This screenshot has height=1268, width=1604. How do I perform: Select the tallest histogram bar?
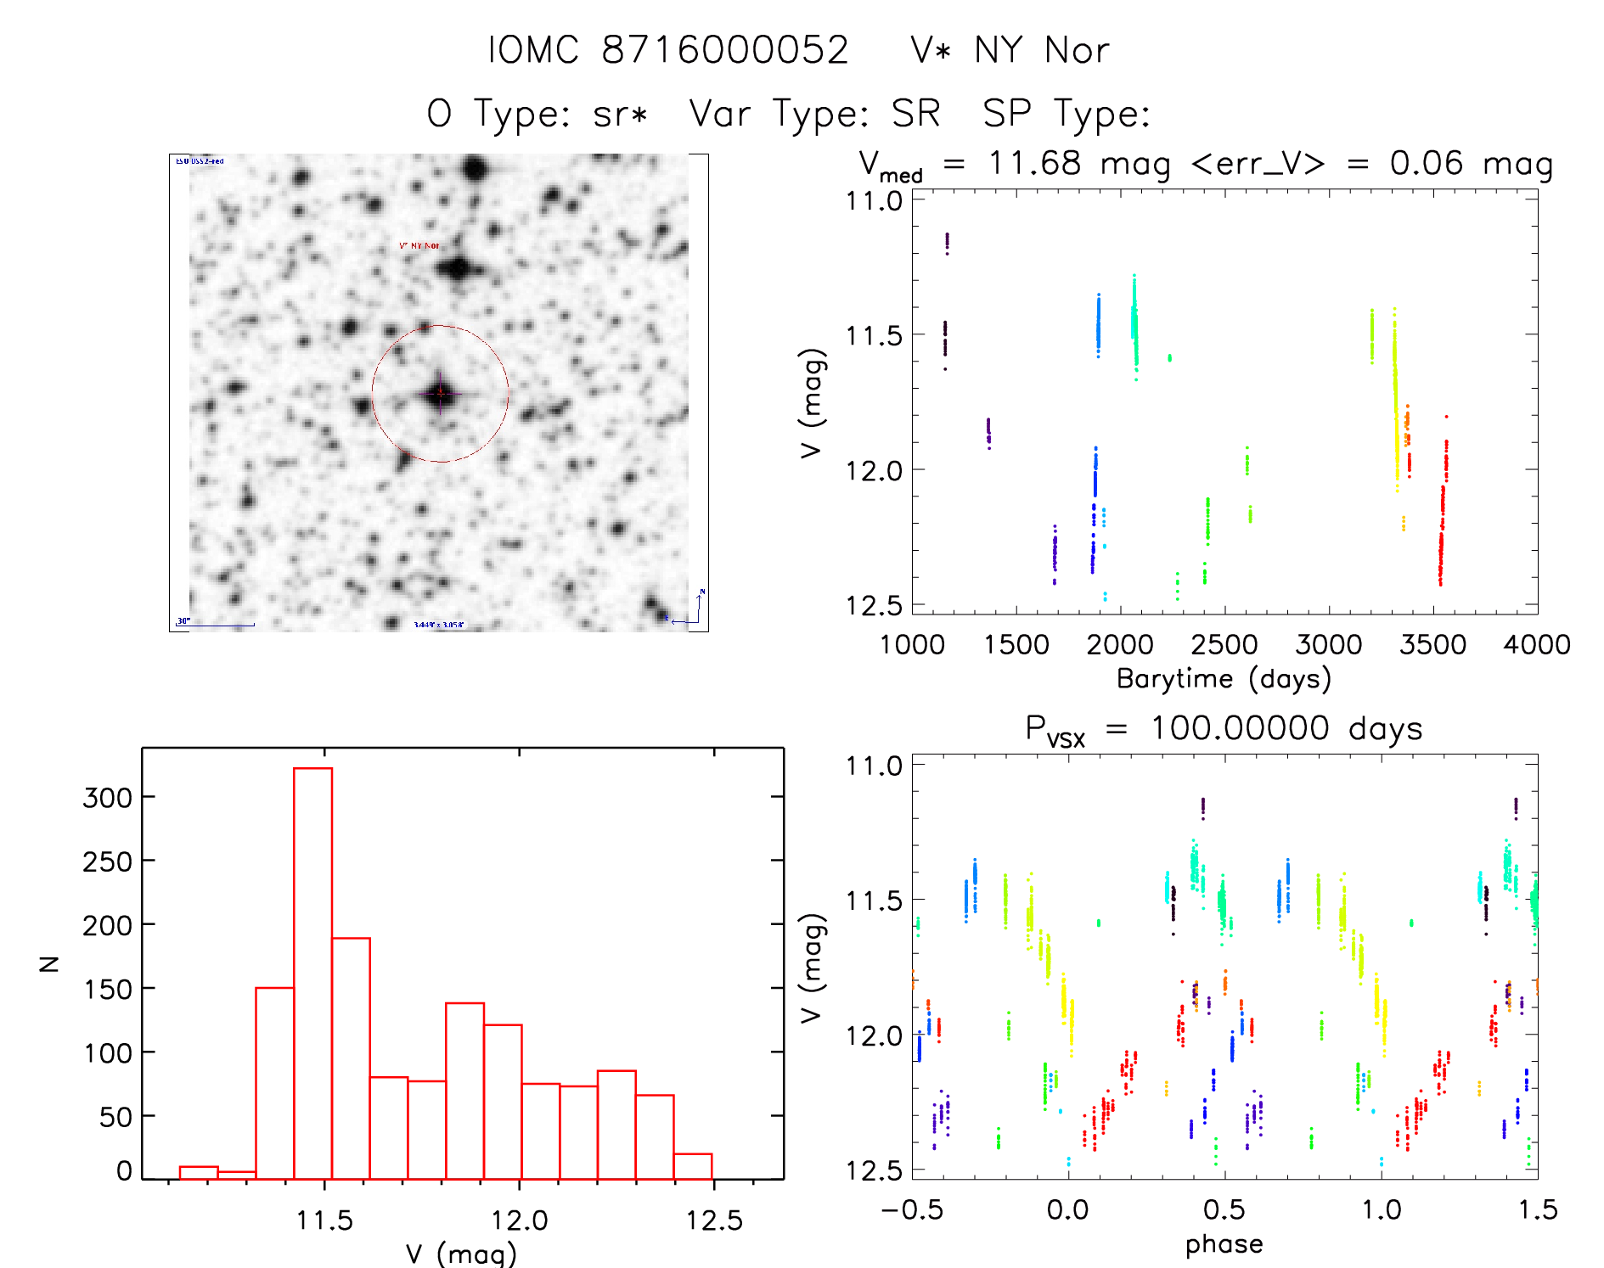tap(312, 973)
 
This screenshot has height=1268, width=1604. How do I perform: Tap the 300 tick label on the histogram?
tap(107, 797)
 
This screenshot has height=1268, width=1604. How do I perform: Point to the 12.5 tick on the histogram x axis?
tap(714, 1220)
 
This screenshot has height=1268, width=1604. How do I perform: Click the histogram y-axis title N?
tap(49, 963)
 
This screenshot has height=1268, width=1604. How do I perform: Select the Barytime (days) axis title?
tap(1224, 679)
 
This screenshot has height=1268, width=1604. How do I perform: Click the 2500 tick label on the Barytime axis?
tap(1224, 645)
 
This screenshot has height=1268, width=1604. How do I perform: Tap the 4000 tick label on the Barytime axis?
tap(1536, 645)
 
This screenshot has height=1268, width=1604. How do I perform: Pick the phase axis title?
tap(1224, 1244)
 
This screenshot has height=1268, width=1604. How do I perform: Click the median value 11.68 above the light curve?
tap(1034, 163)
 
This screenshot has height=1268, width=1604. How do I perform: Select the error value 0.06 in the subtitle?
tap(1426, 163)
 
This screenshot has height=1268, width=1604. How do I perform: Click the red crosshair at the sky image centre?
tap(440, 393)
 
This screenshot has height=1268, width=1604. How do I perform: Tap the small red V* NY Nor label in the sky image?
tap(419, 245)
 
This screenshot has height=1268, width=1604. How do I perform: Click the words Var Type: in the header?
tap(779, 114)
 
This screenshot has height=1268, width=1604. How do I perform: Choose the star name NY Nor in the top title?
tap(1041, 50)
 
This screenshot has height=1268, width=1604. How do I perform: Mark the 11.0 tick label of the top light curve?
tap(874, 201)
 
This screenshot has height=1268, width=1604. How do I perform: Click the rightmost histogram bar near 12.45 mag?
tap(693, 1166)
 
